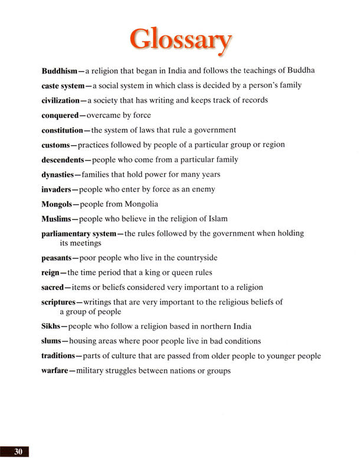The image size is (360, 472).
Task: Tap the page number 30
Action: tap(18, 451)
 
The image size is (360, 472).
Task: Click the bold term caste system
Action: tap(63, 86)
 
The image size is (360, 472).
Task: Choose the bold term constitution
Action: tap(66, 130)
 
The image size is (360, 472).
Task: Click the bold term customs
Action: tap(56, 145)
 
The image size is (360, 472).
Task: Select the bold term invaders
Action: tap(57, 189)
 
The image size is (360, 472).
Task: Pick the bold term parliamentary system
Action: tap(78, 234)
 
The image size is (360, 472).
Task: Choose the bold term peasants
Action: tap(58, 258)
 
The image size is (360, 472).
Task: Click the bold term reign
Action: tap(51, 273)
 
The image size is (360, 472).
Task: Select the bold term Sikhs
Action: tap(51, 326)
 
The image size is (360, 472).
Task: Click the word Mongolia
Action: tap(140, 204)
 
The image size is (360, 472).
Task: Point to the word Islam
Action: tap(217, 219)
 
